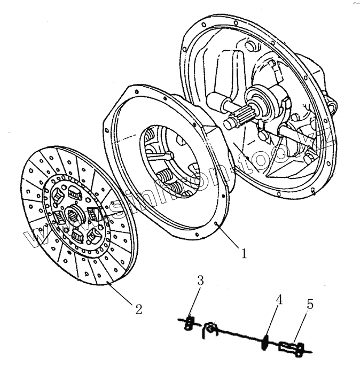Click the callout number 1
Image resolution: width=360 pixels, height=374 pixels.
pyautogui.click(x=244, y=253)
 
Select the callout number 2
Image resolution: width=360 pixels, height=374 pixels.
pyautogui.click(x=138, y=308)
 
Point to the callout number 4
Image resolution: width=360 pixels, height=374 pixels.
pyautogui.click(x=278, y=300)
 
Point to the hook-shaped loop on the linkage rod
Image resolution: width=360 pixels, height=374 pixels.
pyautogui.click(x=212, y=330)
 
